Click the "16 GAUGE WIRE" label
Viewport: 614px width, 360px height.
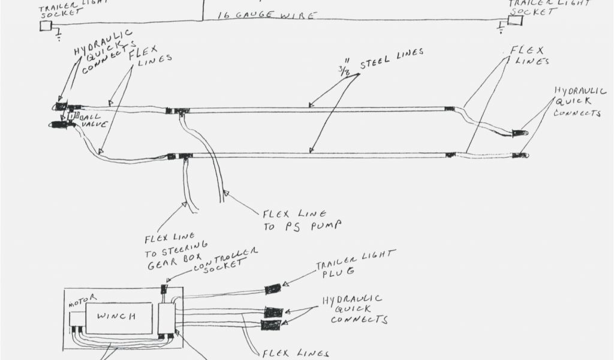(267, 15)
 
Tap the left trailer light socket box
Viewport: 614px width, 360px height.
(46, 25)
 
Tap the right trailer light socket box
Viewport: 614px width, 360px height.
(515, 20)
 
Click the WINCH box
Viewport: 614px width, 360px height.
(119, 316)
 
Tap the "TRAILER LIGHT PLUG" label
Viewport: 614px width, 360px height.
(355, 262)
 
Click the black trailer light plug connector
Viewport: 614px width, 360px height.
(273, 289)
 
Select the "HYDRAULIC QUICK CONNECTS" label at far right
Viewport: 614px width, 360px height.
(576, 101)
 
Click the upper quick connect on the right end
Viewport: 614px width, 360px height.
(517, 131)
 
